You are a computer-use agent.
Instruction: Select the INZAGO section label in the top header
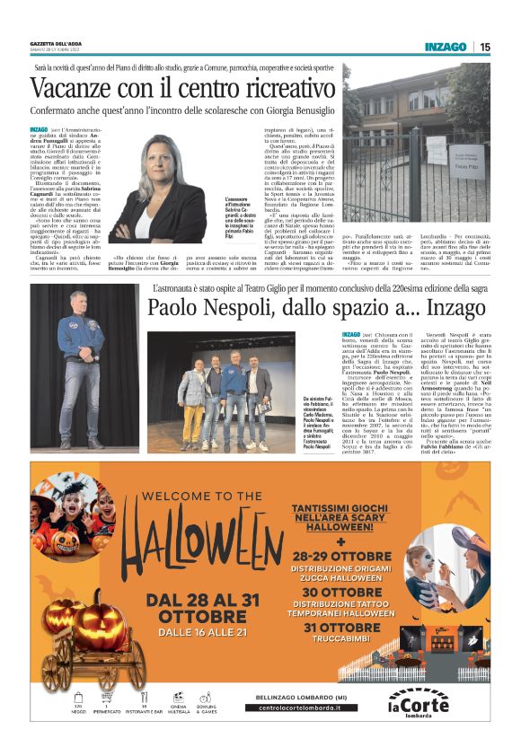point(446,47)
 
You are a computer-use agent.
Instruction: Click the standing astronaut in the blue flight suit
point(80,377)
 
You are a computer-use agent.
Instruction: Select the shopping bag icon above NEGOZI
point(78,696)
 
